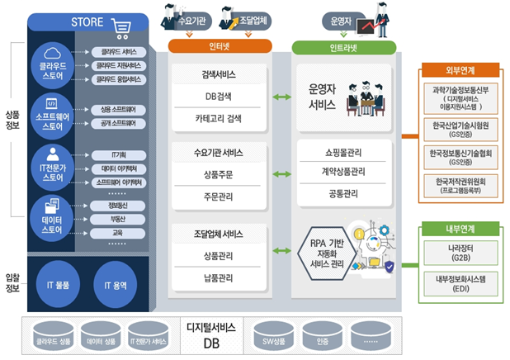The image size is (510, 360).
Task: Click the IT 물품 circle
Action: pos(55,286)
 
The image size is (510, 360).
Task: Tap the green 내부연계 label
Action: pos(454,229)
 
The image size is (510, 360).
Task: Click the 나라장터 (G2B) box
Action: pos(456,252)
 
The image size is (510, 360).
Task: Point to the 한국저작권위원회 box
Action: pos(456,185)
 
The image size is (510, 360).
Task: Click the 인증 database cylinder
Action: pos(322,339)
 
